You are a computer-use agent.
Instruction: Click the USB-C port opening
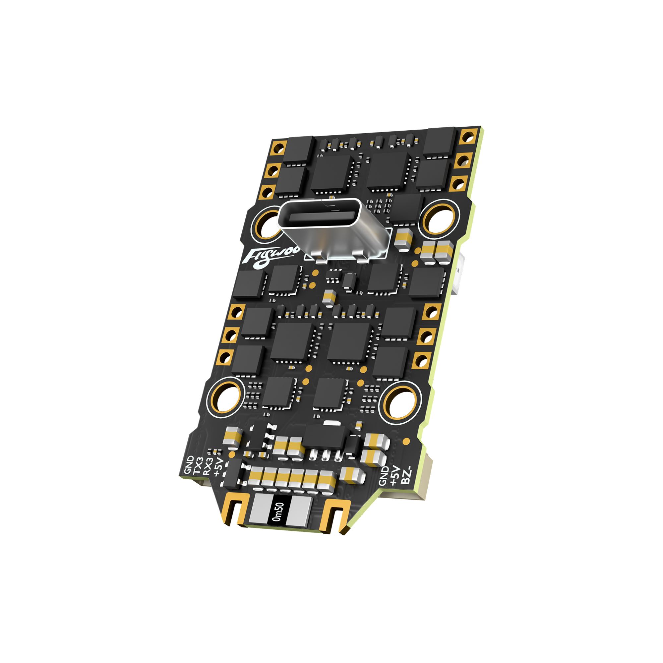(x=322, y=217)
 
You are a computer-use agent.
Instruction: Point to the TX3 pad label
(x=198, y=466)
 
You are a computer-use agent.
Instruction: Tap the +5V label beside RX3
(x=218, y=467)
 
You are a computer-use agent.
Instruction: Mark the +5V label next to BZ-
(x=395, y=476)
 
